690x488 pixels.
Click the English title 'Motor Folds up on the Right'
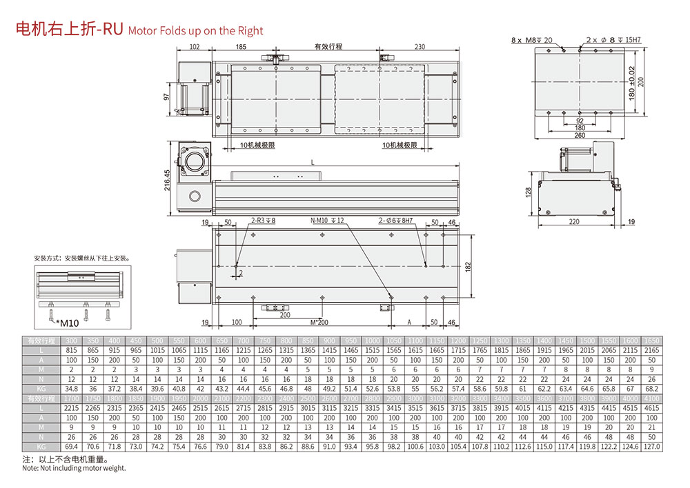click(196, 31)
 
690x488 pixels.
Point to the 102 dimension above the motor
click(194, 47)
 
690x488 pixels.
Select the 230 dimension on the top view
click(420, 47)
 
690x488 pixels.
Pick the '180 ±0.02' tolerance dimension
click(632, 81)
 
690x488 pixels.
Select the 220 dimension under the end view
click(574, 222)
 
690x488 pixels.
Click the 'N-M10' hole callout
click(322, 221)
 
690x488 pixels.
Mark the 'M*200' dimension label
click(318, 322)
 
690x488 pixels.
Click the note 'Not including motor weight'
click(74, 469)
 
